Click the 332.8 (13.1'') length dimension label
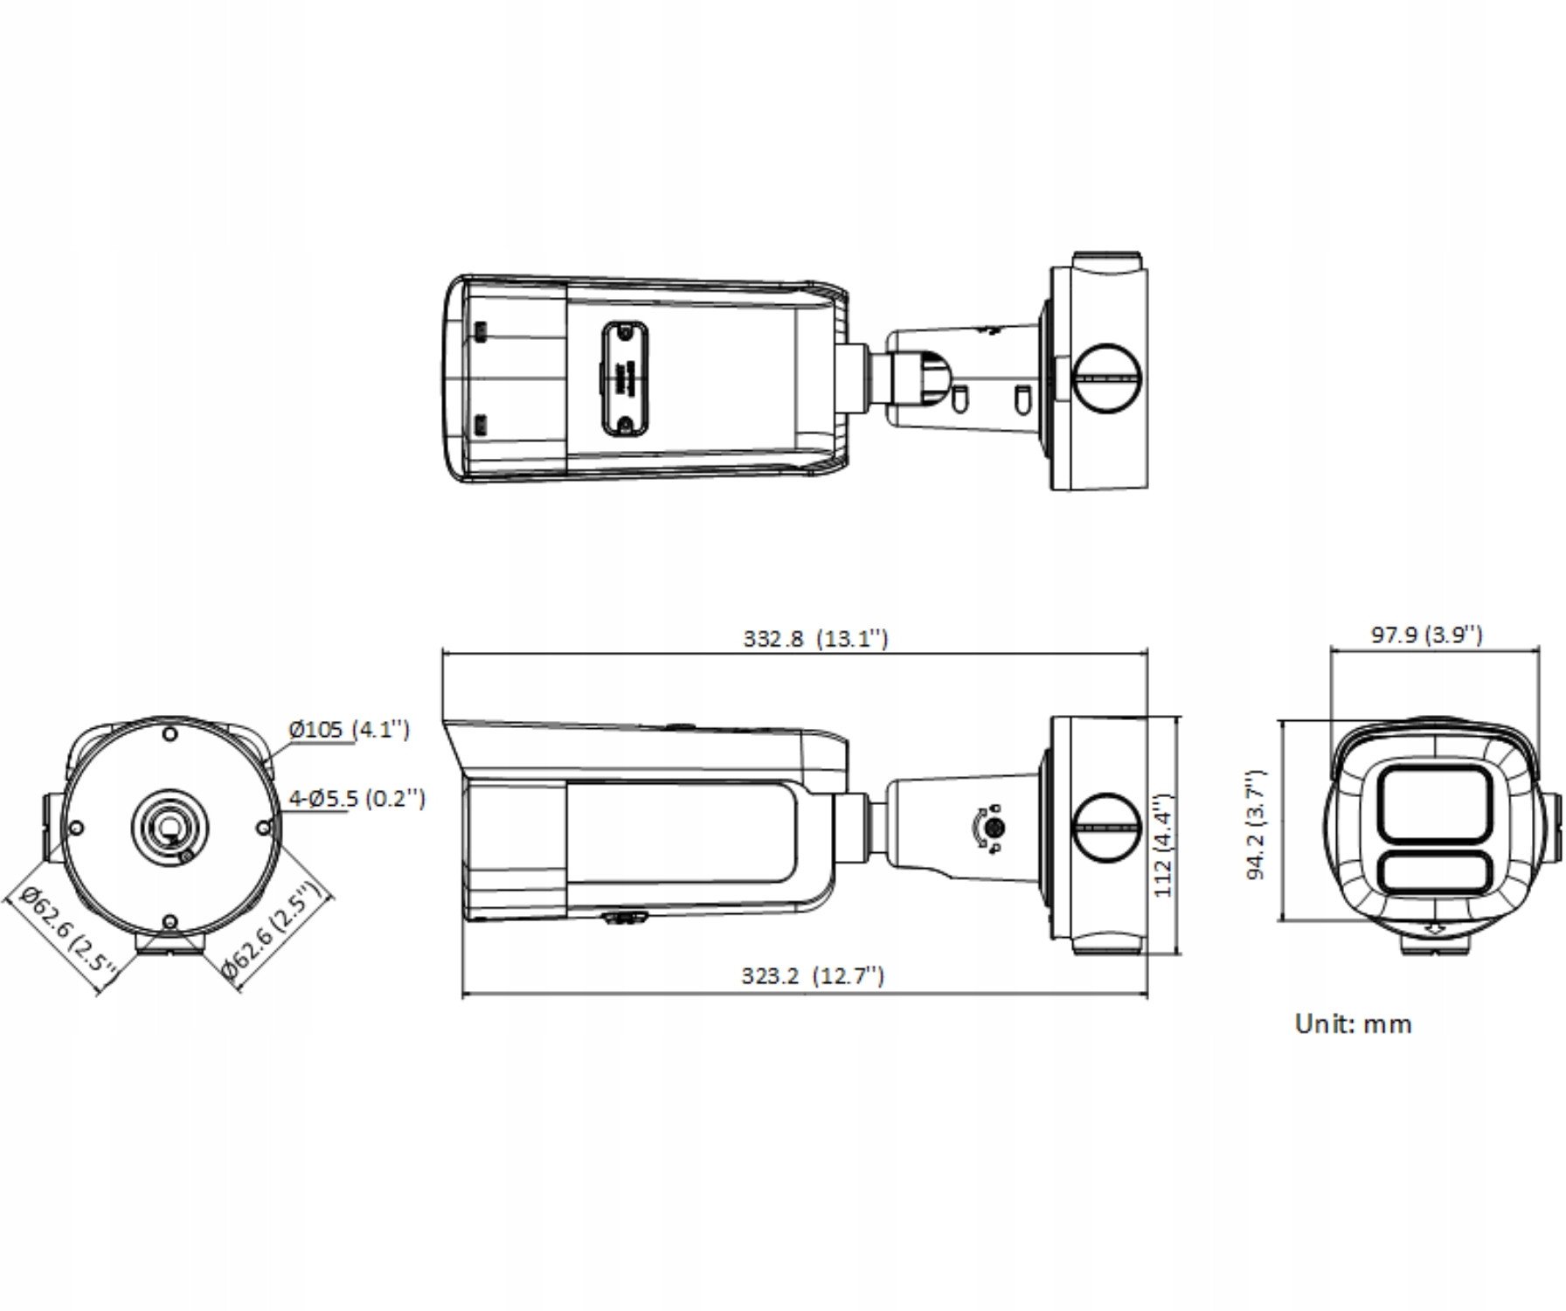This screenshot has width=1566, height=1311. [815, 638]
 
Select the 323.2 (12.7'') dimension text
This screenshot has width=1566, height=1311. [813, 975]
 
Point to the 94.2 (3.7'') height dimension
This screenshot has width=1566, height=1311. [1256, 824]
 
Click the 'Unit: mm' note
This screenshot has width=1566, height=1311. [1353, 1023]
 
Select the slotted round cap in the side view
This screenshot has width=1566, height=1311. [1105, 827]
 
